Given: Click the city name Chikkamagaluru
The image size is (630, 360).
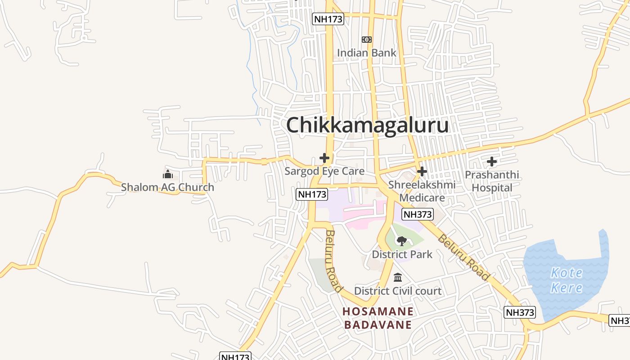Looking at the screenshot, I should coord(367,125).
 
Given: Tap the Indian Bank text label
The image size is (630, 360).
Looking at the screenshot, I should coord(367,53).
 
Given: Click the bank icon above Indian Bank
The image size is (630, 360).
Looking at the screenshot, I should coord(367,40).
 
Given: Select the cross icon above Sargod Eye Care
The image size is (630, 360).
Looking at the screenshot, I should coord(324,158).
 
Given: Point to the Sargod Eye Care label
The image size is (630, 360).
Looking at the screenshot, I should coord(324,171).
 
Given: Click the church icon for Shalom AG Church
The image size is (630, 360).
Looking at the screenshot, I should coord(168,174).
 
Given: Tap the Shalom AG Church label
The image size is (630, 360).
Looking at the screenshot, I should coord(167,187).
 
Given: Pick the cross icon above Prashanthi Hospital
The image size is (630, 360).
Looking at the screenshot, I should coord(492,161).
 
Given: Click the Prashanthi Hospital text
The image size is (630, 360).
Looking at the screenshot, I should coord(492,181).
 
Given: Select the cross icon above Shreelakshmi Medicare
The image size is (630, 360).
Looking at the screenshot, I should coord(422,171).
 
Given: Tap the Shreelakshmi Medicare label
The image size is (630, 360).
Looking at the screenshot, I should coord(422,191).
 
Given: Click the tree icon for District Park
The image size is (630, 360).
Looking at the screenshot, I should coord(402,241).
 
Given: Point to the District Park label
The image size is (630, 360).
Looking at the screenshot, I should coord(402,254).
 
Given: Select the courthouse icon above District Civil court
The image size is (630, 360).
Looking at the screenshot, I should coord(398,278).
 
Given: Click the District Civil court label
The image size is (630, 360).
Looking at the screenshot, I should coord(398,291).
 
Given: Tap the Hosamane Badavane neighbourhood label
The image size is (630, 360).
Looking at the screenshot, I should coord(378,318).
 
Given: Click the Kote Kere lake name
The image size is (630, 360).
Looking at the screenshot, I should coord(567,280).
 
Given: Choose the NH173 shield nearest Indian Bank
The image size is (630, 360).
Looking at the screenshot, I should coord(328,19).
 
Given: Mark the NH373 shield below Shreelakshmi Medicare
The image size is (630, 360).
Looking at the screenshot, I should coord(418,214).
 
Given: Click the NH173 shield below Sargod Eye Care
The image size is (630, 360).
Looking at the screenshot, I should coord(311,194).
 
